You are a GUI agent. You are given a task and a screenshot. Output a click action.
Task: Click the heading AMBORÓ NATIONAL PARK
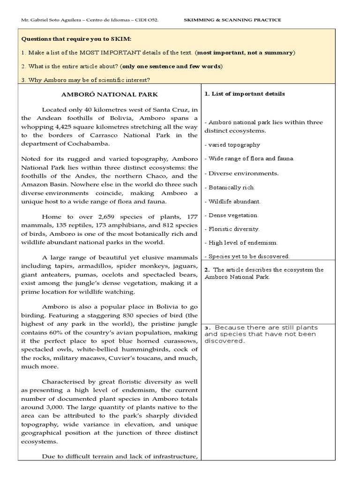110,94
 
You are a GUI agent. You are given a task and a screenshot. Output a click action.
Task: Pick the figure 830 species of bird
124,315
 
